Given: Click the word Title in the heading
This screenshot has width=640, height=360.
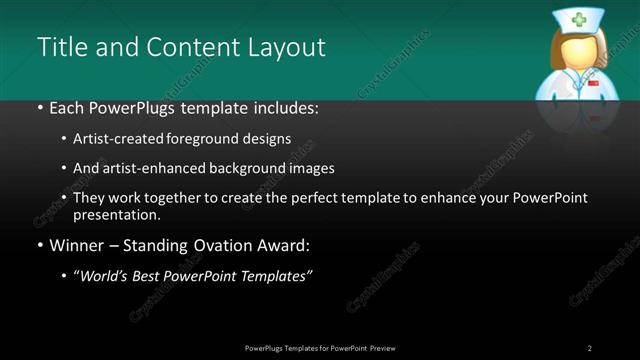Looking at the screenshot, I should (x=60, y=47).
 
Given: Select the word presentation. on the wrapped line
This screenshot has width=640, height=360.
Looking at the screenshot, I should (x=117, y=214).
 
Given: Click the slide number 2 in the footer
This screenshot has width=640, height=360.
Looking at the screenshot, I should (x=590, y=348).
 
